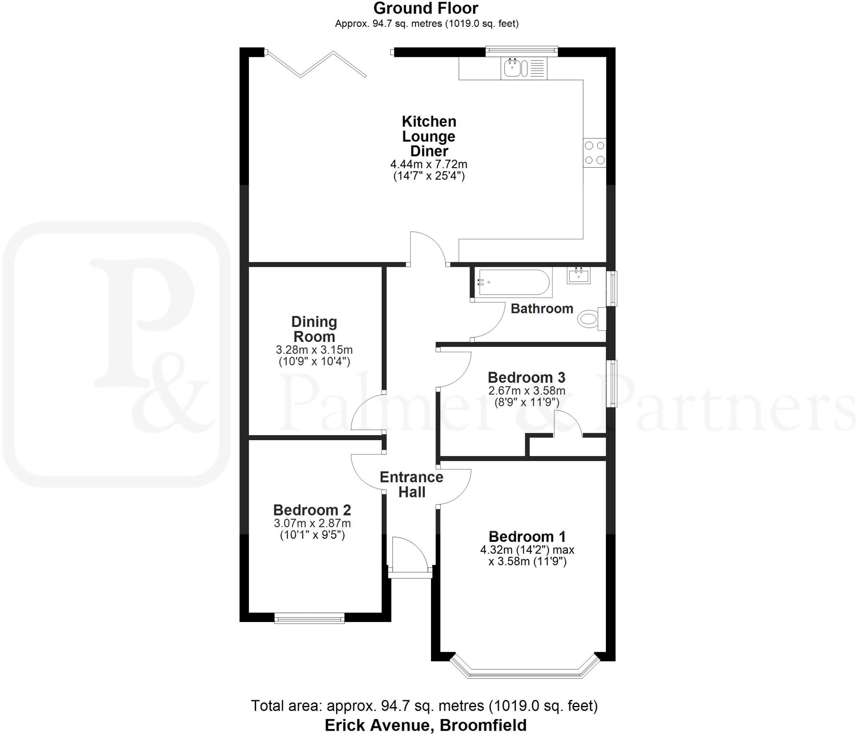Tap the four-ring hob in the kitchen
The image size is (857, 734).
pos(595,153)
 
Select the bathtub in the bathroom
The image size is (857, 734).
pos(513,283)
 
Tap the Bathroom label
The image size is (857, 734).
pos(542,308)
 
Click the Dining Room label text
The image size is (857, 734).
pos(314,329)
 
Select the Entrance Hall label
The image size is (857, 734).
pos(411,484)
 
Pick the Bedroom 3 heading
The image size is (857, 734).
pos(526,377)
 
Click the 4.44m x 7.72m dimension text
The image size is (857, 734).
pos(428,164)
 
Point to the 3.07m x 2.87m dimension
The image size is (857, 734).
pos(312,523)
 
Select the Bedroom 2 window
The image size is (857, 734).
pos(309,618)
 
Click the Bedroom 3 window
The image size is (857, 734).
pos(612,383)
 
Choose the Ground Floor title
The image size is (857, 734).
pos(426,8)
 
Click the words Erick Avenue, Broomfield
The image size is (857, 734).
pos(426,725)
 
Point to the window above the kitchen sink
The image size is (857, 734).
pos(521,51)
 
